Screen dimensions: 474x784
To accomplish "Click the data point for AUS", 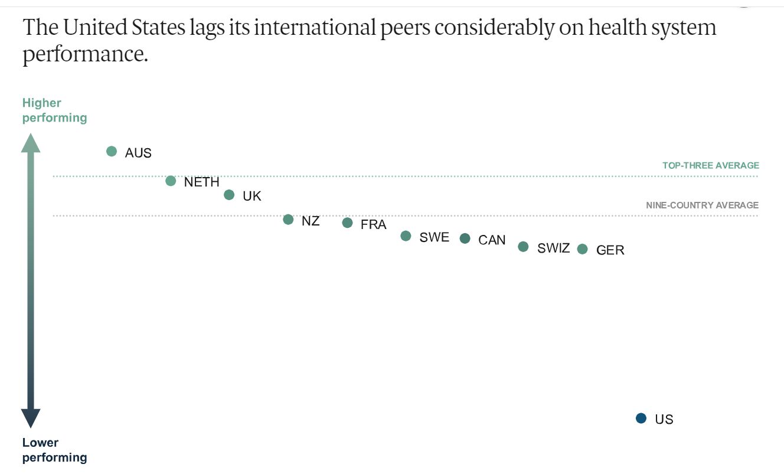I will (112, 151).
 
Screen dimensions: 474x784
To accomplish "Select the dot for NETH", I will (171, 181).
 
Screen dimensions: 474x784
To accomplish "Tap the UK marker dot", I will (229, 195).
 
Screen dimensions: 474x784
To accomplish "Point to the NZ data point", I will (288, 220).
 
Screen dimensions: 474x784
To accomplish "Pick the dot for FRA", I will (347, 223).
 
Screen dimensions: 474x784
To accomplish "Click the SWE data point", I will (406, 236).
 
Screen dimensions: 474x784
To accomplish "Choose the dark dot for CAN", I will (465, 238).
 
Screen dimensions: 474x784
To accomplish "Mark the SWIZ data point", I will (523, 247).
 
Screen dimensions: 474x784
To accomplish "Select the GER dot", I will (582, 249).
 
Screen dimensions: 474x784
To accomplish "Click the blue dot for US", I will (641, 418).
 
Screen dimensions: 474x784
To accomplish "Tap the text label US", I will (664, 420).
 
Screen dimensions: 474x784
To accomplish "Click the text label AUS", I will (138, 153).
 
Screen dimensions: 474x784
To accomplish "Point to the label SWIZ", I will (553, 249).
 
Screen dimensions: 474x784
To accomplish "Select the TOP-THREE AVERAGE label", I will (710, 166).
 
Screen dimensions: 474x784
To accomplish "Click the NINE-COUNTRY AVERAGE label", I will (702, 205).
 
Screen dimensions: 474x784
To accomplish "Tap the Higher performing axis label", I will (54, 110).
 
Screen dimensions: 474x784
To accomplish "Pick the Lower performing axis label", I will (54, 450).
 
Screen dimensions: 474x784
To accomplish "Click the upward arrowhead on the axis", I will (31, 143).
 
